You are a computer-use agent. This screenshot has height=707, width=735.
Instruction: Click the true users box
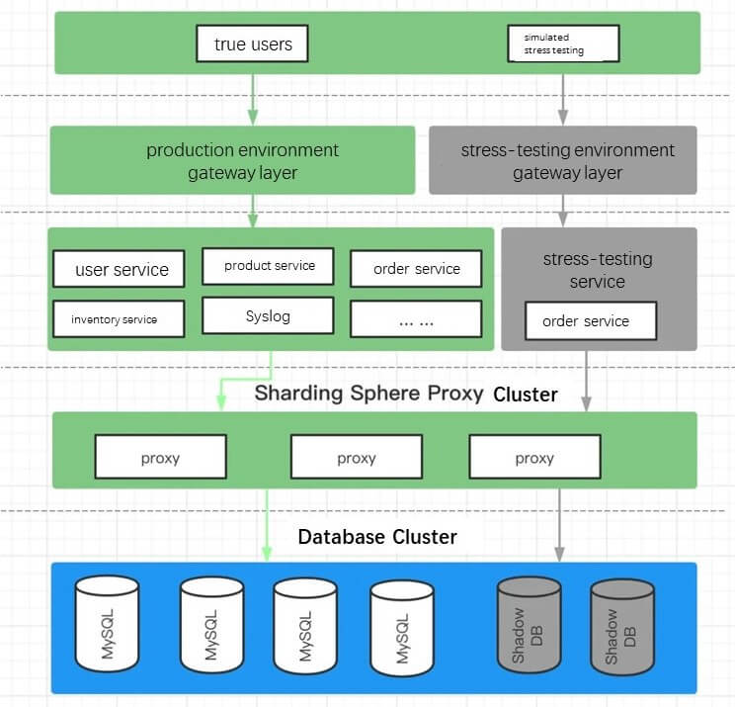253,44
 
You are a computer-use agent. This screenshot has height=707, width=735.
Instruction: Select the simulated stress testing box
563,44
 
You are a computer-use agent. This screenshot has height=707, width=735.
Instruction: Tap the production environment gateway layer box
233,161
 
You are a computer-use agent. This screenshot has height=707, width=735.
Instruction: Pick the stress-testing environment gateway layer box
563,161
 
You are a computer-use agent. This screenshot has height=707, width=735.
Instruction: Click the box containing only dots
416,319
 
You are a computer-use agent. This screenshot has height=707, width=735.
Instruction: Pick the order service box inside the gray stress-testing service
586,321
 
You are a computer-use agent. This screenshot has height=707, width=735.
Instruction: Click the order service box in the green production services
416,269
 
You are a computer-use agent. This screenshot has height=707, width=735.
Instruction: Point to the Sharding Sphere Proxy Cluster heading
406,394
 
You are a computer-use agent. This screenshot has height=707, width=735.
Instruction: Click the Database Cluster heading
377,537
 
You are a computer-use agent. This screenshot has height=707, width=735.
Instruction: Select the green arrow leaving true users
254,99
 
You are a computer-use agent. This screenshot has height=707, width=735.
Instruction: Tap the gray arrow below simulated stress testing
563,99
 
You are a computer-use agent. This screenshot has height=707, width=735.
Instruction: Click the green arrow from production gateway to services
254,210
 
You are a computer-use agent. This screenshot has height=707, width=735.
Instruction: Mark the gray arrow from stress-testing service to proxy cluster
586,381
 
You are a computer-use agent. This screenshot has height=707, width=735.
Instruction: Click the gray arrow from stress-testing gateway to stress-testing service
563,210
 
